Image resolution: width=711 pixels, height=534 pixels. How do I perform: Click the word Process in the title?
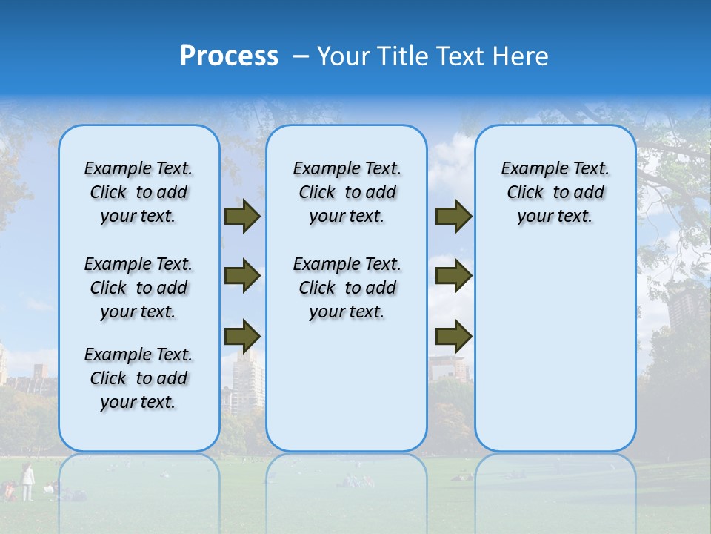pyautogui.click(x=229, y=56)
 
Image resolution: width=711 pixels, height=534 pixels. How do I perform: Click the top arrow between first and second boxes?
pyautogui.click(x=242, y=217)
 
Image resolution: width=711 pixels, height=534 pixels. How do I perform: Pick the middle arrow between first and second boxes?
pyautogui.click(x=242, y=276)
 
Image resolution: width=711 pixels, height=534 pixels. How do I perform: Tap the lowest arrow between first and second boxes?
pyautogui.click(x=242, y=336)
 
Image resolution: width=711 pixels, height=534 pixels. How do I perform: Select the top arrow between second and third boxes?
pyautogui.click(x=453, y=217)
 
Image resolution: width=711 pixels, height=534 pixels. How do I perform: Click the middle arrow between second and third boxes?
pyautogui.click(x=453, y=276)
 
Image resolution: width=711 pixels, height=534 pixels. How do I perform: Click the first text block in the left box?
pyautogui.click(x=138, y=192)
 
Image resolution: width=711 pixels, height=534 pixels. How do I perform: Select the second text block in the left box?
pyautogui.click(x=138, y=288)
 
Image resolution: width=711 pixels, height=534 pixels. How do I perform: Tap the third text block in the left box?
pyautogui.click(x=138, y=378)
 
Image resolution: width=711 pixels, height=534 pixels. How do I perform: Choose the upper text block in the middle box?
pyautogui.click(x=347, y=192)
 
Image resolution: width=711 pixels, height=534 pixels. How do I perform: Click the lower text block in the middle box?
pyautogui.click(x=347, y=288)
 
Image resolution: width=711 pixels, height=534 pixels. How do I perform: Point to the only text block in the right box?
pyautogui.click(x=555, y=192)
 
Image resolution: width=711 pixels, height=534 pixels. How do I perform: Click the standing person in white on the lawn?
pyautogui.click(x=27, y=482)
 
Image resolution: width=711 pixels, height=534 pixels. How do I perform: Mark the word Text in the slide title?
pyautogui.click(x=458, y=56)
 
